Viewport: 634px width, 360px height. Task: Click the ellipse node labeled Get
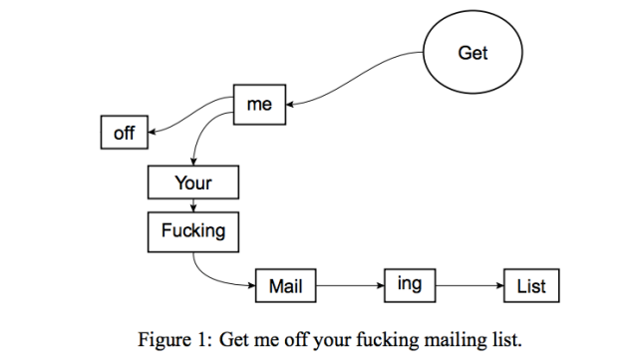click(473, 53)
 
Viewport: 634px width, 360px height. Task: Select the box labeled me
click(259, 105)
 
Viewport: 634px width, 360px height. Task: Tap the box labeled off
click(125, 132)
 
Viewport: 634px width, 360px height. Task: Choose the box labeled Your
click(193, 183)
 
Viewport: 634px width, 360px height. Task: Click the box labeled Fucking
click(193, 231)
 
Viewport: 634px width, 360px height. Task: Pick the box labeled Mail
click(285, 287)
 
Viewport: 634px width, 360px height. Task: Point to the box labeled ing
click(410, 285)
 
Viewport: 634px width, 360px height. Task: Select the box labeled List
click(531, 287)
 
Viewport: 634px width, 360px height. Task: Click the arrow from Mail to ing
click(349, 287)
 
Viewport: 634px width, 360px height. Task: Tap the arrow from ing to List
click(469, 287)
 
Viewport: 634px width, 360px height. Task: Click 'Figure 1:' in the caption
click(173, 337)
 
